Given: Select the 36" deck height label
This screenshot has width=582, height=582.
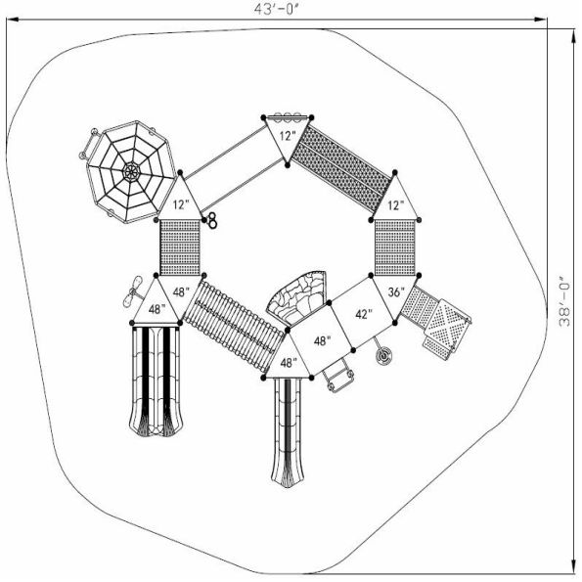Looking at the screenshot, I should click(x=396, y=291).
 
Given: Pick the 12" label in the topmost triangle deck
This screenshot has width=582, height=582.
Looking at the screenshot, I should click(x=285, y=135).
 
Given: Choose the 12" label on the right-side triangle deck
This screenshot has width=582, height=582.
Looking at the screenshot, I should click(x=396, y=206).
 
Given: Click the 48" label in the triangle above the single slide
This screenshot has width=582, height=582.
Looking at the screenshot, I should click(x=288, y=363).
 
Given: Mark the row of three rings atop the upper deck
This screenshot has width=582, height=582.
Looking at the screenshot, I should click(x=287, y=115).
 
